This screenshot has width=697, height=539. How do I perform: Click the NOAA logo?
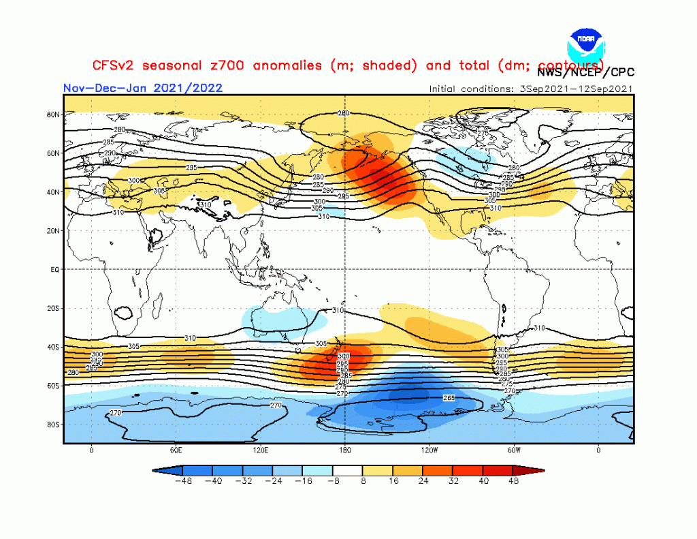pos(585,43)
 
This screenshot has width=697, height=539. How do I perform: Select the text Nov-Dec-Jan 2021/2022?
pos(143,88)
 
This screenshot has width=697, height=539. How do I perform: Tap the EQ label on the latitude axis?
pos(54,269)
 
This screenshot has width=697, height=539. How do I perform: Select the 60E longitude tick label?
pos(176,450)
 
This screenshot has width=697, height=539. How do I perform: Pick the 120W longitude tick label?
pos(429,450)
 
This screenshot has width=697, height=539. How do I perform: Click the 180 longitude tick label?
pos(344,450)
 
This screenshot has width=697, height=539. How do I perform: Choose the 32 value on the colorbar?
pos(453,480)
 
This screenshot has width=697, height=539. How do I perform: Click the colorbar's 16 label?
pos(393,480)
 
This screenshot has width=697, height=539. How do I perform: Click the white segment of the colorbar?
pos(348,470)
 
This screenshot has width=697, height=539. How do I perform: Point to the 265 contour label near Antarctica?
pos(449,397)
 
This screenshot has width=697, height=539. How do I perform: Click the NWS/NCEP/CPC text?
pos(585,72)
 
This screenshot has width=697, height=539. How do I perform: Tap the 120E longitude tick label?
pos(260,450)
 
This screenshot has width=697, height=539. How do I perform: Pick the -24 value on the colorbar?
pos(273,480)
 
